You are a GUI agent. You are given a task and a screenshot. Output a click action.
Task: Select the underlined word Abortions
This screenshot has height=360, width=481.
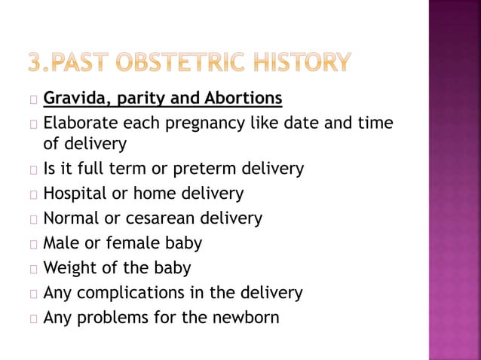(x=243, y=99)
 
